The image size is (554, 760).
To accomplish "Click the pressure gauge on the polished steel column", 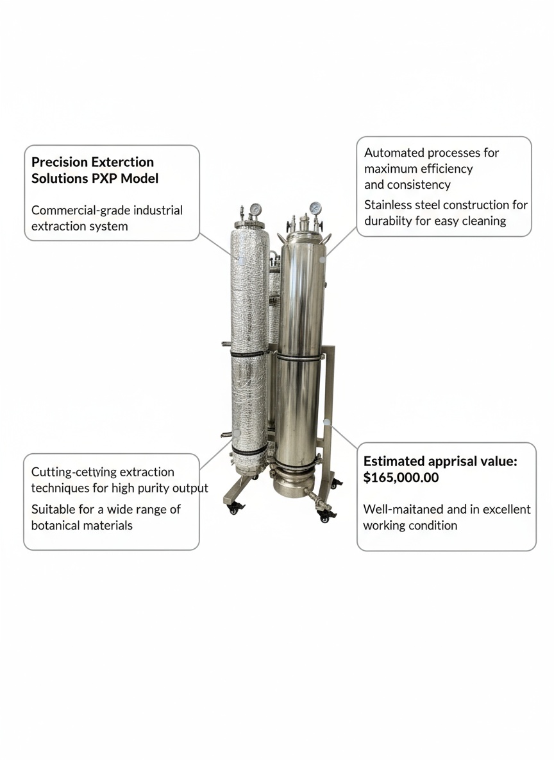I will pos(315,208).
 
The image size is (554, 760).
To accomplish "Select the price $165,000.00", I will pos(401,478).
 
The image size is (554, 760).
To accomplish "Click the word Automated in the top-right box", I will pos(394,153).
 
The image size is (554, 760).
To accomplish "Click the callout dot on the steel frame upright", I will pos(328,422).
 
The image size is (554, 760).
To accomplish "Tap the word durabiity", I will pos(392,221).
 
